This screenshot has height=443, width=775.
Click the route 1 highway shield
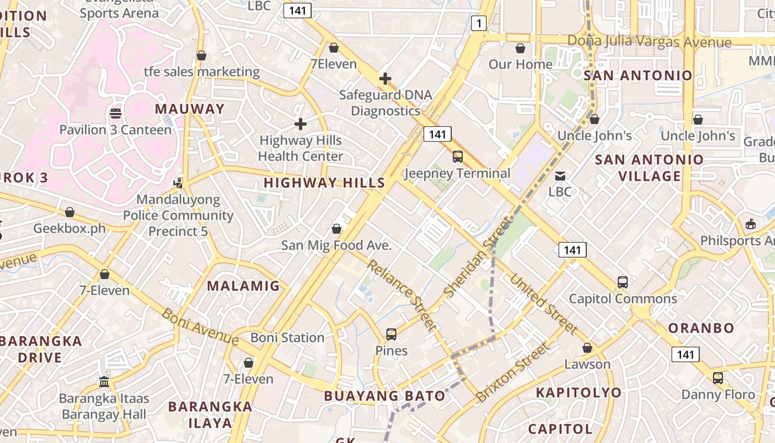click(479, 23)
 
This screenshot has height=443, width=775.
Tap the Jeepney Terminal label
click(457, 173)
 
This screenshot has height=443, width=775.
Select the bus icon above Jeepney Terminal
click(458, 157)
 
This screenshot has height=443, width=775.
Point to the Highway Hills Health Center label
click(301, 148)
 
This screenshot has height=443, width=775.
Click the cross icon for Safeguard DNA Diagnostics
click(385, 79)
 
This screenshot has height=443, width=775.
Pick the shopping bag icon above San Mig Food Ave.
click(336, 229)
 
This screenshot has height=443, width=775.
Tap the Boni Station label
click(287, 337)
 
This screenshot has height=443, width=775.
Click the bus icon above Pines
click(391, 334)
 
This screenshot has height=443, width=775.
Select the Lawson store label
click(587, 364)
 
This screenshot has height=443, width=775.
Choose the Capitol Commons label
click(623, 299)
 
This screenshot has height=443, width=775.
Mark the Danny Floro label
click(718, 395)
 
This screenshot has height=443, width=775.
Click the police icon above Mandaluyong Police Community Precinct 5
click(178, 182)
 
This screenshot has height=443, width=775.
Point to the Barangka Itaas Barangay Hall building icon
click(104, 382)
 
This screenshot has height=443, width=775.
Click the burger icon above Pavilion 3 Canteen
click(116, 114)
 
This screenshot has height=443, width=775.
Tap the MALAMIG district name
click(244, 286)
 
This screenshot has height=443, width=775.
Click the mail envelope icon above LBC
click(560, 176)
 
